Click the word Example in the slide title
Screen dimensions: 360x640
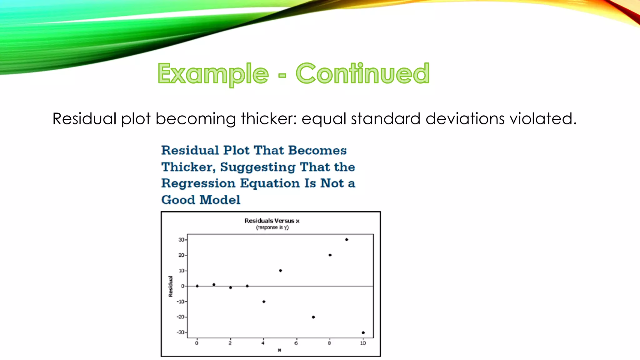pyautogui.click(x=213, y=73)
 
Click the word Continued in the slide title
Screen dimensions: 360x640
pyautogui.click(x=362, y=73)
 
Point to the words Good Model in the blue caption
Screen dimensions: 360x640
pyautogui.click(x=201, y=200)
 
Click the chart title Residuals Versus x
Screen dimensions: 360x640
pyautogui.click(x=272, y=221)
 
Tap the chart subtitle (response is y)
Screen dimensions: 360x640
pyautogui.click(x=272, y=227)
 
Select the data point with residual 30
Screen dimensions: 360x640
pyautogui.click(x=347, y=240)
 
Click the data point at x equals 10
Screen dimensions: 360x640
pyautogui.click(x=363, y=332)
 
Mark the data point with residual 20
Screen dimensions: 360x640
pyautogui.click(x=330, y=255)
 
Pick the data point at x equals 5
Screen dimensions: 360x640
pyautogui.click(x=280, y=271)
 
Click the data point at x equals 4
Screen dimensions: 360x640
pyautogui.click(x=264, y=302)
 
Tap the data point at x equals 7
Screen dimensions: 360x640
pyautogui.click(x=313, y=317)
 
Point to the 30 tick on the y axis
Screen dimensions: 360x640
pyautogui.click(x=182, y=240)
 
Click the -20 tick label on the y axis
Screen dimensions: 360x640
pyautogui.click(x=181, y=317)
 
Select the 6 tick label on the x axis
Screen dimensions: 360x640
pyautogui.click(x=296, y=343)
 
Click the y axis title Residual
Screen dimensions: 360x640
pyautogui.click(x=171, y=286)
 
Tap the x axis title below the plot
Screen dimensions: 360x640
pyautogui.click(x=279, y=350)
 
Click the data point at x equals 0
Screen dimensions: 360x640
pyautogui.click(x=197, y=286)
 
